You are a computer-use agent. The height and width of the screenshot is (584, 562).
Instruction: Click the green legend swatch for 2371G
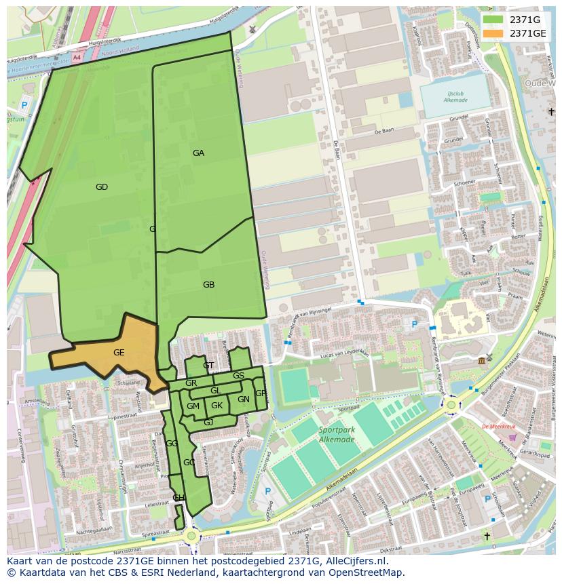pyautogui.click(x=493, y=20)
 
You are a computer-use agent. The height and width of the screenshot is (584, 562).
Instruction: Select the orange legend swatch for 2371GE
pyautogui.click(x=493, y=33)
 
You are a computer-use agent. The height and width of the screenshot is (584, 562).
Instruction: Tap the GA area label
pyautogui.click(x=198, y=153)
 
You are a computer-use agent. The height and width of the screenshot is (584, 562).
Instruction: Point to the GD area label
pyautogui.click(x=102, y=187)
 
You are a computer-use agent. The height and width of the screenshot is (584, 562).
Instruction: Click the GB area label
pyautogui.click(x=208, y=285)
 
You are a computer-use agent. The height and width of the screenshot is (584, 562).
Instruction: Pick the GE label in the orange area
pyautogui.click(x=119, y=353)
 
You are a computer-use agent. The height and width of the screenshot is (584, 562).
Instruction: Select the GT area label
pyautogui.click(x=208, y=366)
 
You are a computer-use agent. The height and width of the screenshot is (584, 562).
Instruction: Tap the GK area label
pyautogui.click(x=217, y=406)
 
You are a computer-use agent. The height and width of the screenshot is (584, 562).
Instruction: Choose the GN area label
pyautogui.click(x=243, y=400)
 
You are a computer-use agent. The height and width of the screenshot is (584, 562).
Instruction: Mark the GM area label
pyautogui.click(x=193, y=406)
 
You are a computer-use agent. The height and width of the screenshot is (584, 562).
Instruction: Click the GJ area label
pyautogui.click(x=208, y=423)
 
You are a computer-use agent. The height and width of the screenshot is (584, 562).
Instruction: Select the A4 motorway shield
pyautogui.click(x=76, y=59)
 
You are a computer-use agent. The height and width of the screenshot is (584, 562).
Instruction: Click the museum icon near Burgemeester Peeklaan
pyautogui.click(x=481, y=359)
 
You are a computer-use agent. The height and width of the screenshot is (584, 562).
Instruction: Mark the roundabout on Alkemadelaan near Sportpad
pyautogui.click(x=451, y=405)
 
